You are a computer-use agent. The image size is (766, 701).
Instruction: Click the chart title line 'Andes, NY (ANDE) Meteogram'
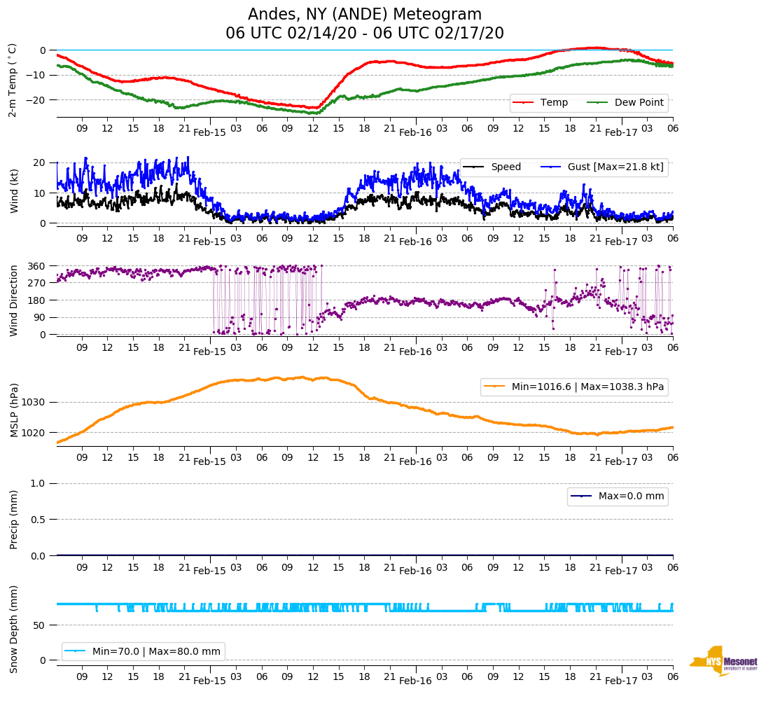point(365,15)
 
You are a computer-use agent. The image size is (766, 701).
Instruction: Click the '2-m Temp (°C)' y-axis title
point(13,79)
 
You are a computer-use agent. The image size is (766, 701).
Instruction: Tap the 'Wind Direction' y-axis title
point(14,300)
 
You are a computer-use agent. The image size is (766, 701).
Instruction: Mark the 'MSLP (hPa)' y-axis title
point(14,410)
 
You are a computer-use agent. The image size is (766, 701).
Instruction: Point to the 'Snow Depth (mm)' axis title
point(14,628)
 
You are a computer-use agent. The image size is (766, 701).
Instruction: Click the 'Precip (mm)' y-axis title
point(14,519)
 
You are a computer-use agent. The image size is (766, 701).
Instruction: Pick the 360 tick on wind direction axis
point(38,266)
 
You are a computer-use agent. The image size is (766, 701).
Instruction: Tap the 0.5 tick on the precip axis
point(40,520)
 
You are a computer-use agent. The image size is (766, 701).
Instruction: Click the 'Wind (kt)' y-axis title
point(14,191)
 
